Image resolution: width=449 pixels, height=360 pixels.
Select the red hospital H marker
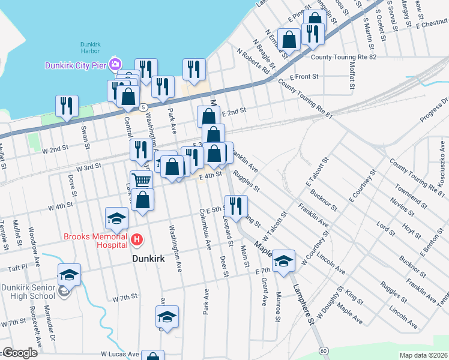pyautogui.click(x=137, y=241)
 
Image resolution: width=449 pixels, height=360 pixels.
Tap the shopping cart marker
pyautogui.click(x=141, y=181)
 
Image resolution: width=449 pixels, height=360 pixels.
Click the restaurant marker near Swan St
pyautogui.click(x=67, y=106)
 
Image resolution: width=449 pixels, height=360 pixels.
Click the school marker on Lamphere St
pyautogui.click(x=284, y=260)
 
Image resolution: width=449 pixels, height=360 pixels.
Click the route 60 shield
pyautogui.click(x=324, y=350)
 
